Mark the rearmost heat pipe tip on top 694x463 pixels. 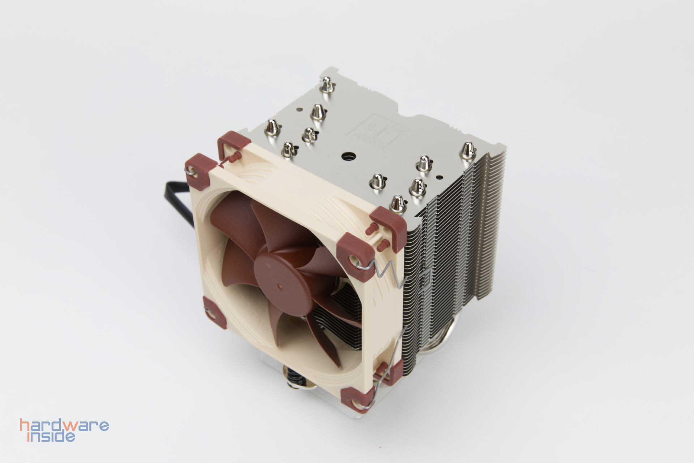[327, 84]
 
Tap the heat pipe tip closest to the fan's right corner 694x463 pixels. [398, 203]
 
